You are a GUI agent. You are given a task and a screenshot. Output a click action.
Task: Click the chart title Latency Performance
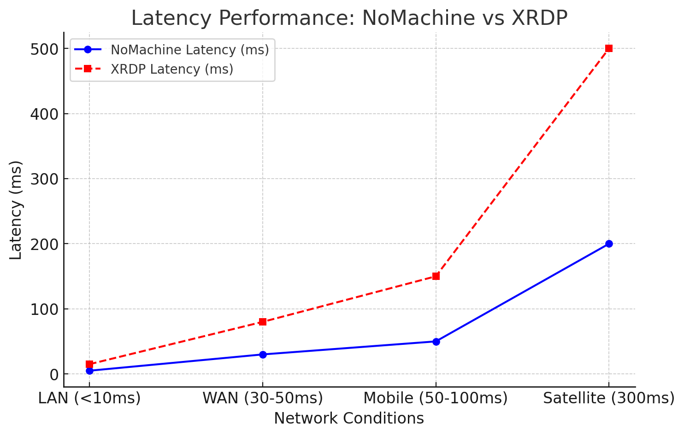point(349,18)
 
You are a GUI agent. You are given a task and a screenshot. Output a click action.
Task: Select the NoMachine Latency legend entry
point(189,50)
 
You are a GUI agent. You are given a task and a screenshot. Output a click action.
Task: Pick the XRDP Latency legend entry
point(171,70)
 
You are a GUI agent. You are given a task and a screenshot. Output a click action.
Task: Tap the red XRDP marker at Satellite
point(609,48)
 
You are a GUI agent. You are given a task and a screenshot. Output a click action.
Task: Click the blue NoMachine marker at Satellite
point(609,244)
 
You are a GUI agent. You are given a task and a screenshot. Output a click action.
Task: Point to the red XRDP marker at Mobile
point(436,276)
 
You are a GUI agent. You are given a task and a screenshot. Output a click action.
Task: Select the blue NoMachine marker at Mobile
point(436,342)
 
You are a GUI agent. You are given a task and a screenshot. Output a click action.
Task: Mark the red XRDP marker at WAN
point(263,322)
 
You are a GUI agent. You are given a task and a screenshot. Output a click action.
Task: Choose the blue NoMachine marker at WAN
point(263,355)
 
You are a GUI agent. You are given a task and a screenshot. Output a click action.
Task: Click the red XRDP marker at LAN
point(89,364)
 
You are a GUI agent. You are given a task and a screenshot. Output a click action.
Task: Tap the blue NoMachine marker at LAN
point(89,371)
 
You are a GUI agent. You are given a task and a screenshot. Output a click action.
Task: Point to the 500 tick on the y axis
point(44,49)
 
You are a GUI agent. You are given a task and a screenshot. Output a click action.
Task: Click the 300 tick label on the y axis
point(44,179)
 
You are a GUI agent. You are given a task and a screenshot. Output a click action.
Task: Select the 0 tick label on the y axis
point(53,375)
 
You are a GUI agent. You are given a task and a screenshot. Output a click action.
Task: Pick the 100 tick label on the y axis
point(44,309)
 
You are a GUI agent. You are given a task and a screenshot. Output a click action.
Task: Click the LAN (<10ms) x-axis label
point(89,398)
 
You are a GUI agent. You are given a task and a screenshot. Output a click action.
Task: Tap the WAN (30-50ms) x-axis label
point(263,398)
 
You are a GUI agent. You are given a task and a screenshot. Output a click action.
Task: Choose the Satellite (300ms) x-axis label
point(609,398)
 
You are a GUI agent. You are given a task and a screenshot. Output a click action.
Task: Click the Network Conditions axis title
point(349,419)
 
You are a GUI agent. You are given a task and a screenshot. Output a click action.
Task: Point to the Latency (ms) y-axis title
point(16,210)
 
